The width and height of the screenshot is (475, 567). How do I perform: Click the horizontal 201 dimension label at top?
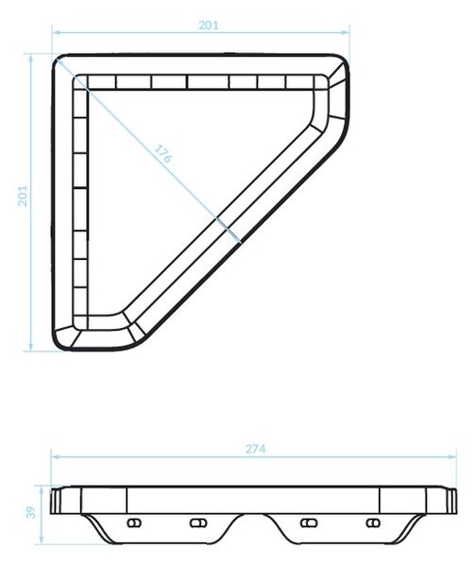tap(209, 26)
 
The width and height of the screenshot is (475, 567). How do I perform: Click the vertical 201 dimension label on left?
tap(23, 196)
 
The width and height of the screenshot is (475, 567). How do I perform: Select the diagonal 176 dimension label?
tap(163, 154)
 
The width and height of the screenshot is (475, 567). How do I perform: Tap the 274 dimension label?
tap(255, 449)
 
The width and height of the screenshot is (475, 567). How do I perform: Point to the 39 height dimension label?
tap(31, 512)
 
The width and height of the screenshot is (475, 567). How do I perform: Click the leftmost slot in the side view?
tap(134, 523)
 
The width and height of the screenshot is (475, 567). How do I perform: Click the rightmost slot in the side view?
tap(373, 523)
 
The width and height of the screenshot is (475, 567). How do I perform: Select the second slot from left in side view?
tap(198, 523)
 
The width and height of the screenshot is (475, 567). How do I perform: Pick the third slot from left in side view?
tap(309, 523)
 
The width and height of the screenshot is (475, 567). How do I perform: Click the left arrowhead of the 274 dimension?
tap(56, 456)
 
